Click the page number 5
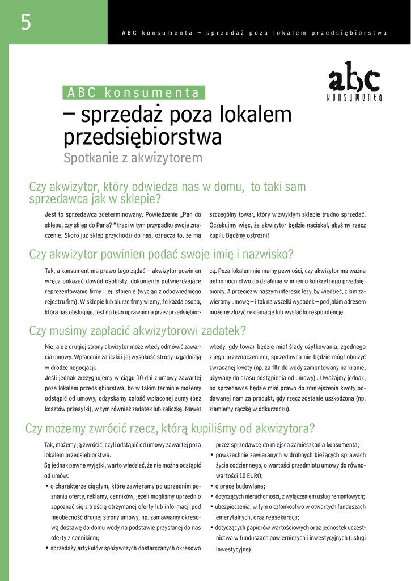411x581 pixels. click(x=26, y=22)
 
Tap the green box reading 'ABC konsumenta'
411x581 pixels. click(x=134, y=92)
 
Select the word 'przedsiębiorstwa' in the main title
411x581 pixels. click(x=142, y=137)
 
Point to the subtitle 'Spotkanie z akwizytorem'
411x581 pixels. click(x=133, y=158)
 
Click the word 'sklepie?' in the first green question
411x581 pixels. click(x=139, y=199)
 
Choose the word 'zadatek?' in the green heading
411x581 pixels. click(x=222, y=331)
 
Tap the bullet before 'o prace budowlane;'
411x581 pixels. click(x=212, y=486)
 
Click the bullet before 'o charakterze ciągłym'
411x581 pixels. click(x=46, y=486)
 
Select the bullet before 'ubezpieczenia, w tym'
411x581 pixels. click(x=212, y=507)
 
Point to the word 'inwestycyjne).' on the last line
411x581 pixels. click(x=234, y=549)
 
